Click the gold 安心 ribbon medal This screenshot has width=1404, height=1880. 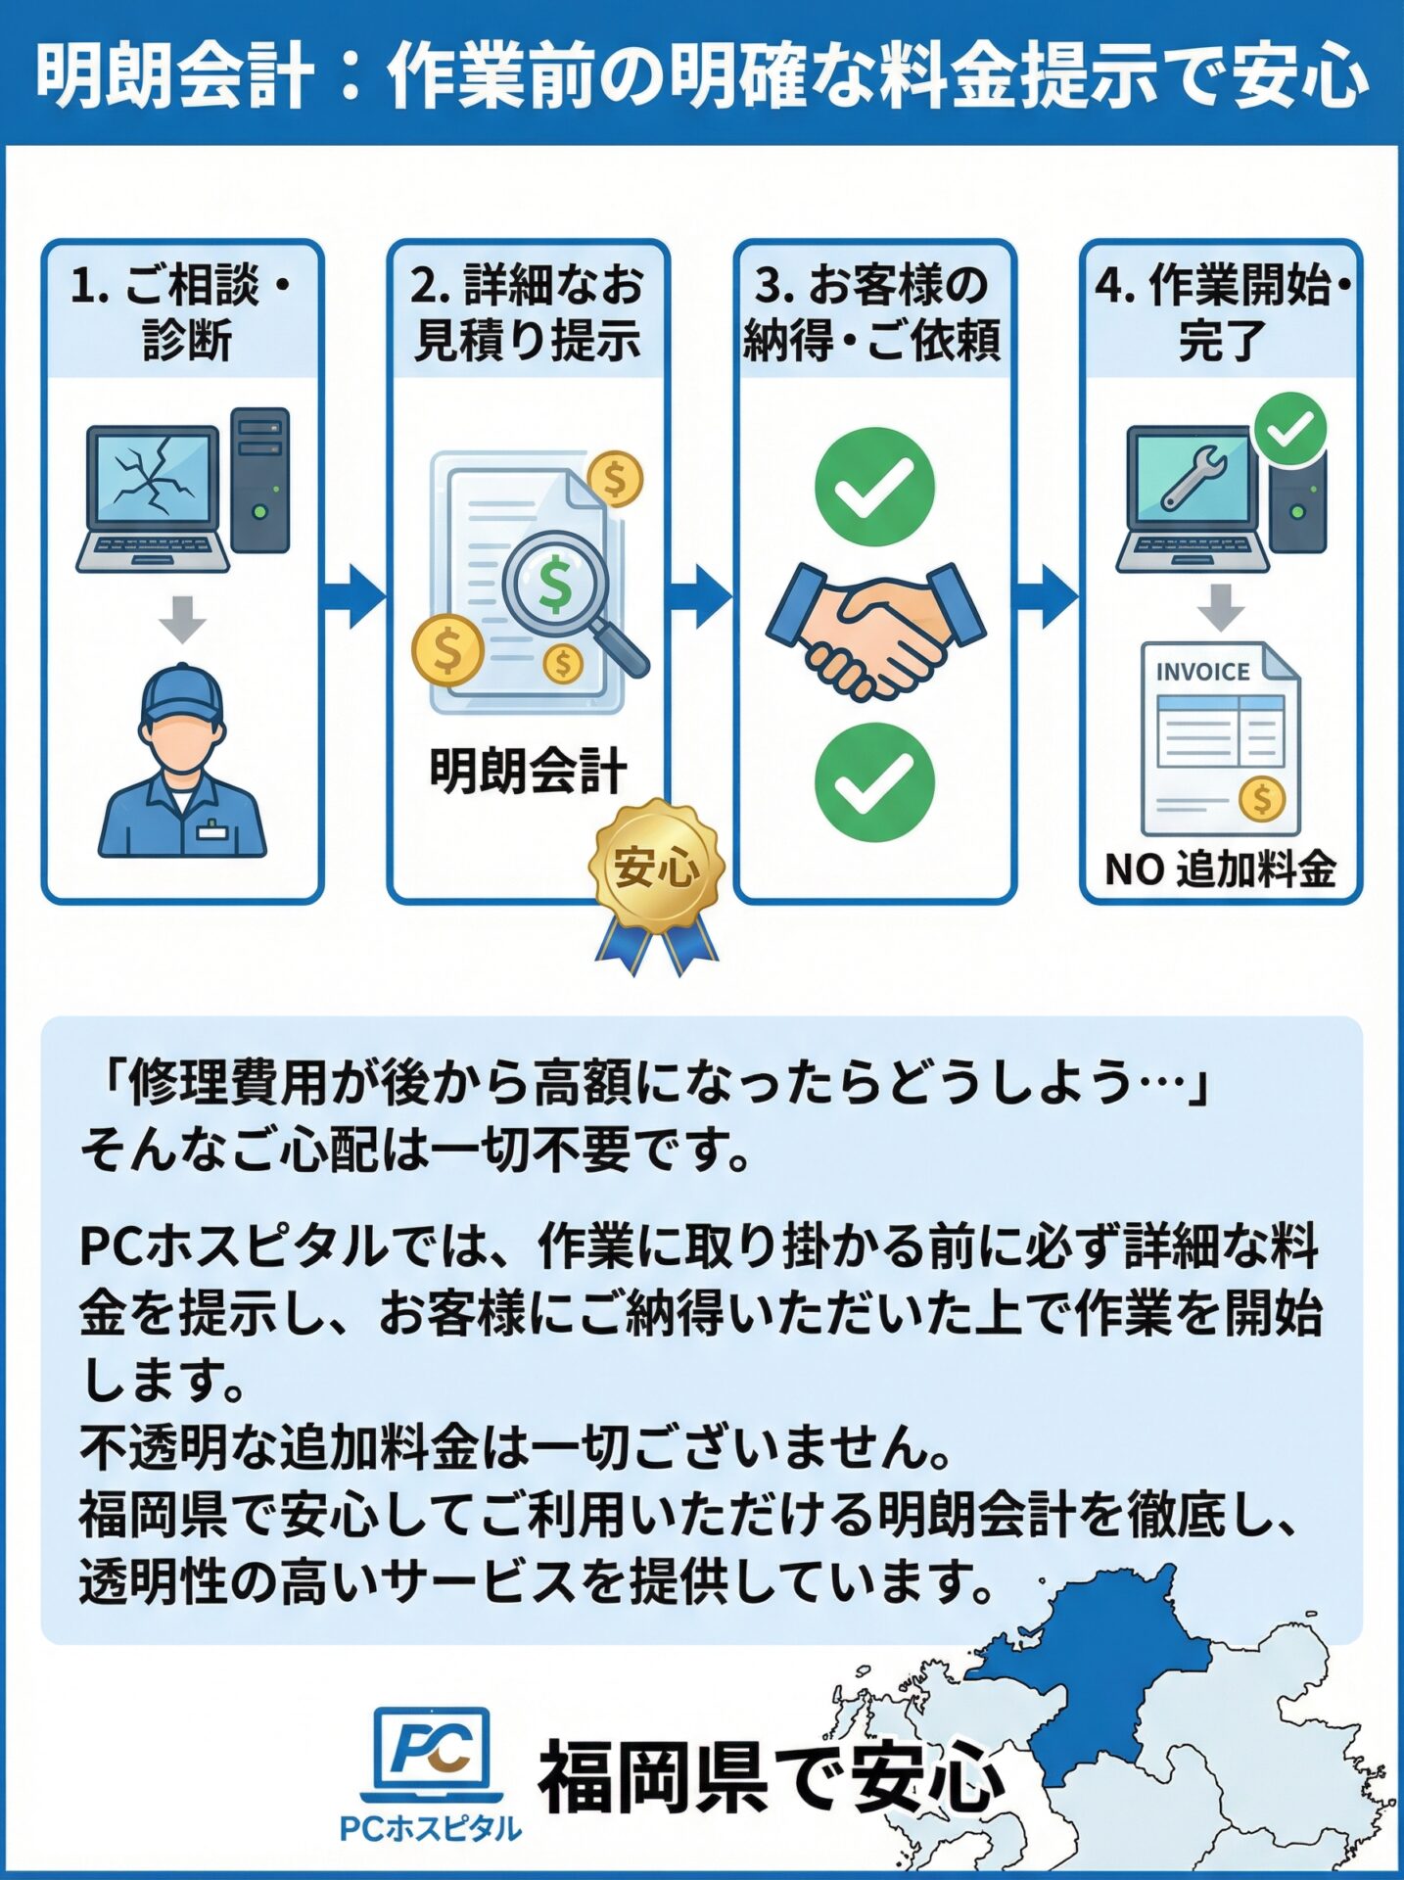pos(657,866)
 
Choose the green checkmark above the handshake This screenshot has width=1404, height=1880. pos(874,487)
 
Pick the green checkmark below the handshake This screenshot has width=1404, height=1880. pos(874,782)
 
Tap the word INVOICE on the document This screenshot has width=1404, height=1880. pos(1202,672)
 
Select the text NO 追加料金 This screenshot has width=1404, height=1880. pos(1220,869)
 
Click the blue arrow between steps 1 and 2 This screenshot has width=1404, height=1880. pos(353,595)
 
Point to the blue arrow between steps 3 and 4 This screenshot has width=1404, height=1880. pos(1047,595)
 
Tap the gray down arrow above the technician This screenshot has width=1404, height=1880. pos(182,618)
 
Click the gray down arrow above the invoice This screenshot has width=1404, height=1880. pos(1221,606)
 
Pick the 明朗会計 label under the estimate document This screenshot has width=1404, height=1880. pos(529,771)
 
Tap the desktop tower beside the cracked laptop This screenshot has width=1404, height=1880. pos(260,480)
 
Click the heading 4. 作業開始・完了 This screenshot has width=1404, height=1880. pos(1221,311)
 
